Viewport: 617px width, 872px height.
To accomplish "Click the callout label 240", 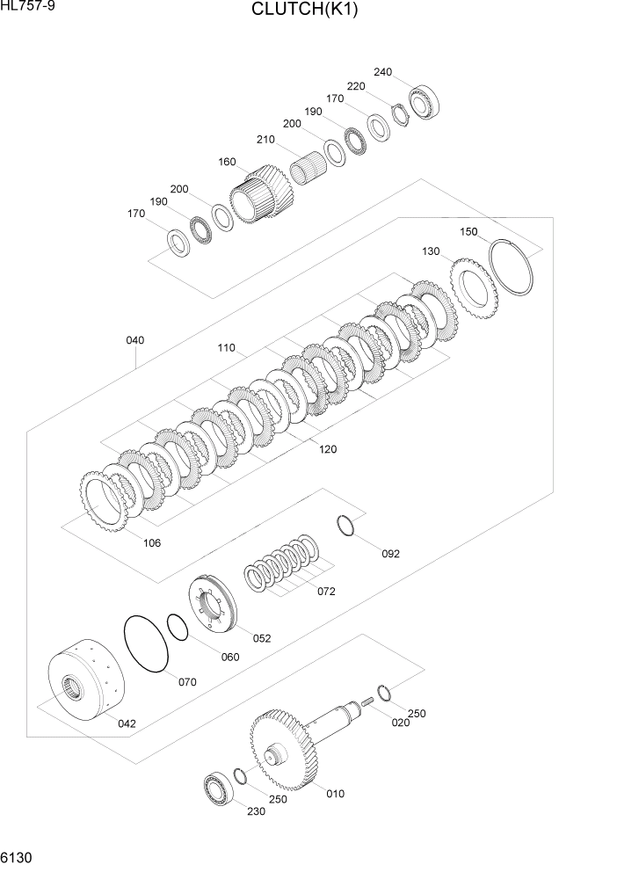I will click(383, 71).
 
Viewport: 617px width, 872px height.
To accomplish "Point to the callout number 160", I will click(227, 162).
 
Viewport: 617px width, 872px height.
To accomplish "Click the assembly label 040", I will click(134, 340).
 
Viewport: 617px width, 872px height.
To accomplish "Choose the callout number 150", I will click(468, 232).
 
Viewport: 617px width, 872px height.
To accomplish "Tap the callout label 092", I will click(390, 554).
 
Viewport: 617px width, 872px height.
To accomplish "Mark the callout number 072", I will click(326, 592).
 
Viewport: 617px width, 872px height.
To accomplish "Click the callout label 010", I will click(335, 794).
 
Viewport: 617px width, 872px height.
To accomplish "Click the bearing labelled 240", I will click(428, 102).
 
